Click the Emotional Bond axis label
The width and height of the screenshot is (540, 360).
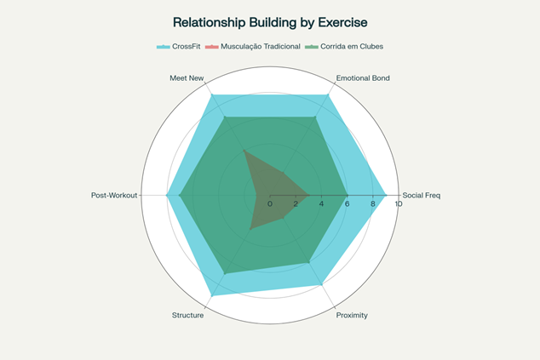(363, 78)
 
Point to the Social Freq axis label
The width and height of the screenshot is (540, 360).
(422, 196)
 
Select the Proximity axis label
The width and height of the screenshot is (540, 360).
(352, 315)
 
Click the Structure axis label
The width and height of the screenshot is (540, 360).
(187, 315)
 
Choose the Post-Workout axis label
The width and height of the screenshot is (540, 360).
(114, 196)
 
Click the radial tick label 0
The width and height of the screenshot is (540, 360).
(270, 203)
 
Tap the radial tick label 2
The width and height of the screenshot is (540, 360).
(296, 203)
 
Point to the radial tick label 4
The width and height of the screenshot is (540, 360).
(321, 203)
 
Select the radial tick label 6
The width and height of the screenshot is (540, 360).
(347, 203)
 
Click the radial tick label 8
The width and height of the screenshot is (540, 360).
(372, 203)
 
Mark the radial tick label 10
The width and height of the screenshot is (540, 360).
(398, 203)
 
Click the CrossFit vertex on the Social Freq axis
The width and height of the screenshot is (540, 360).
(386, 195)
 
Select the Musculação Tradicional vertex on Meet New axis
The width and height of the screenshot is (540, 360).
(244, 151)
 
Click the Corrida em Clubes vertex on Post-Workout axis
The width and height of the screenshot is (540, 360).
(180, 195)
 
